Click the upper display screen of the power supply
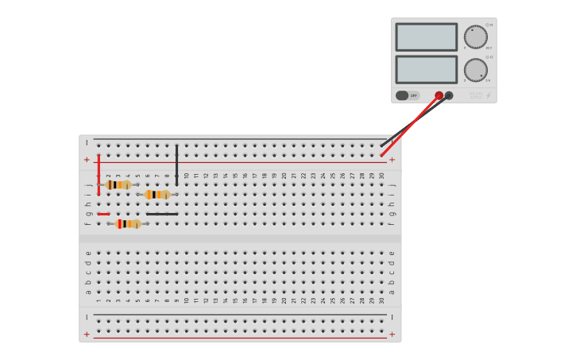point(426,37)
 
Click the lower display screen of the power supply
point(426,69)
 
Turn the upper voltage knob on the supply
point(475,37)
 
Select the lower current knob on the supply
point(475,70)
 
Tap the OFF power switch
point(407,95)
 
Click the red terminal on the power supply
point(439,95)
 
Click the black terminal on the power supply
point(449,95)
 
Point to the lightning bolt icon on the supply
point(488,96)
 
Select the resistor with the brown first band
point(118,185)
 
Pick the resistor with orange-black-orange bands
point(157,195)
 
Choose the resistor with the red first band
point(128,224)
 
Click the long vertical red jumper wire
point(99,176)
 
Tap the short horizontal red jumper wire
point(103,214)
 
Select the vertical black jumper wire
point(176,165)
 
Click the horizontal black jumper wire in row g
point(162,214)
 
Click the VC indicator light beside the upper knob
point(487,25)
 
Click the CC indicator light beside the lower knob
point(487,57)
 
